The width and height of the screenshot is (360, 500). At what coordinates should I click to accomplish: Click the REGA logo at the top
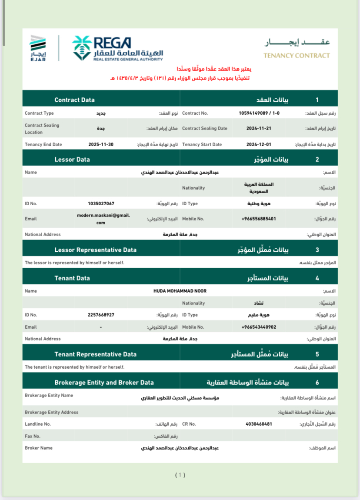point(117,48)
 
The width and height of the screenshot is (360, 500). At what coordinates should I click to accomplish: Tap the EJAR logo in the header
point(38,48)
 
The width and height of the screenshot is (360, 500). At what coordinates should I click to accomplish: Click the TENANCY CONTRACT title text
point(297,55)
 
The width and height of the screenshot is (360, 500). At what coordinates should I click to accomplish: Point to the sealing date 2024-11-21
point(259,128)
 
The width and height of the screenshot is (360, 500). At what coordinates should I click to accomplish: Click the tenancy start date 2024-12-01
point(259,144)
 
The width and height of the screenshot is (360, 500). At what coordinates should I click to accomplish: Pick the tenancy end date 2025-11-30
point(101,144)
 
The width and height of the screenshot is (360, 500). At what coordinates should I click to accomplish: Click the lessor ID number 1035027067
point(101,203)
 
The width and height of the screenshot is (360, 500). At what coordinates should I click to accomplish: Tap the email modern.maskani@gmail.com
point(103,219)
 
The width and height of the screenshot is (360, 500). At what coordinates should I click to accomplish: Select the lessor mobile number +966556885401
point(259,219)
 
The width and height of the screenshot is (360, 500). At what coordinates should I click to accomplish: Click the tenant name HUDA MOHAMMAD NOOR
point(180,291)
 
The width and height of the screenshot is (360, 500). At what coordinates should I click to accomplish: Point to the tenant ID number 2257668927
point(101,315)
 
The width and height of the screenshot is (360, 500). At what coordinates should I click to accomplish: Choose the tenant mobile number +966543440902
point(259,327)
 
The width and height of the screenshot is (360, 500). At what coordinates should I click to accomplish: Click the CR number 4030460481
point(259,423)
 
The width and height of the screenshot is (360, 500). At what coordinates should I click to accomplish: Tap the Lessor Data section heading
point(72,160)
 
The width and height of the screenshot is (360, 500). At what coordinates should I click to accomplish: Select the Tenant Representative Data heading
point(95,354)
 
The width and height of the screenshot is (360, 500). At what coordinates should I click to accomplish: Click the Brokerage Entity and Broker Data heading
point(104,383)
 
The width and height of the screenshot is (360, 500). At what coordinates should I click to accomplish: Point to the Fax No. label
point(33,436)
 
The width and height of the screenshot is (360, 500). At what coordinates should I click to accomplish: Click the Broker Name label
point(39,448)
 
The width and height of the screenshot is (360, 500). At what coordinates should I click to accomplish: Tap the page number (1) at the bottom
point(180,475)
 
